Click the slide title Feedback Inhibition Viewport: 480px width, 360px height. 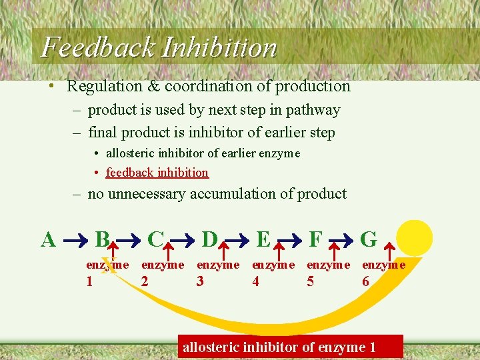(x=159, y=47)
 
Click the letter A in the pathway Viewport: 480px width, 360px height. (x=48, y=239)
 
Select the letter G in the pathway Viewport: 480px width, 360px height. (x=369, y=239)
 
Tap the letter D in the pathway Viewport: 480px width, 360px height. (x=209, y=239)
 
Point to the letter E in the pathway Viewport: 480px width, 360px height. (x=263, y=239)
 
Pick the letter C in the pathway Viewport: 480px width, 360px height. (x=155, y=239)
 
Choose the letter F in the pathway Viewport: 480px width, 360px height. (x=316, y=239)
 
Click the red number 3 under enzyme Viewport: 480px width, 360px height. (x=200, y=281)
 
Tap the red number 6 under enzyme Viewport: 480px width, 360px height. (x=365, y=281)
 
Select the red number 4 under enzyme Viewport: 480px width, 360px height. (x=255, y=281)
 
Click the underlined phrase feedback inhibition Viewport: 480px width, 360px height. (x=157, y=173)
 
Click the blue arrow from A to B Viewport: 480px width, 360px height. (x=75, y=239)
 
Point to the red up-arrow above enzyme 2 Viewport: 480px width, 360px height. (x=169, y=251)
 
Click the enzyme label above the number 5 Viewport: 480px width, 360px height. (x=328, y=265)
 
